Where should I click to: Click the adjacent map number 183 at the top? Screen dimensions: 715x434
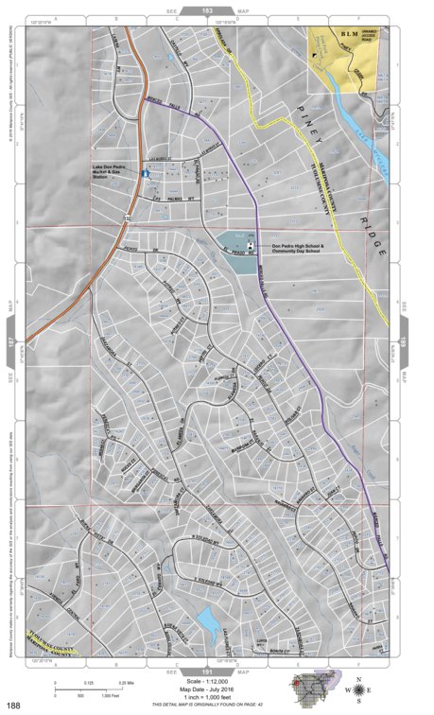[217, 9]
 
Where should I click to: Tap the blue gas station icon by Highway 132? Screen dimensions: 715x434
[144, 174]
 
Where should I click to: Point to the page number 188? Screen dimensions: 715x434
[14, 705]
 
